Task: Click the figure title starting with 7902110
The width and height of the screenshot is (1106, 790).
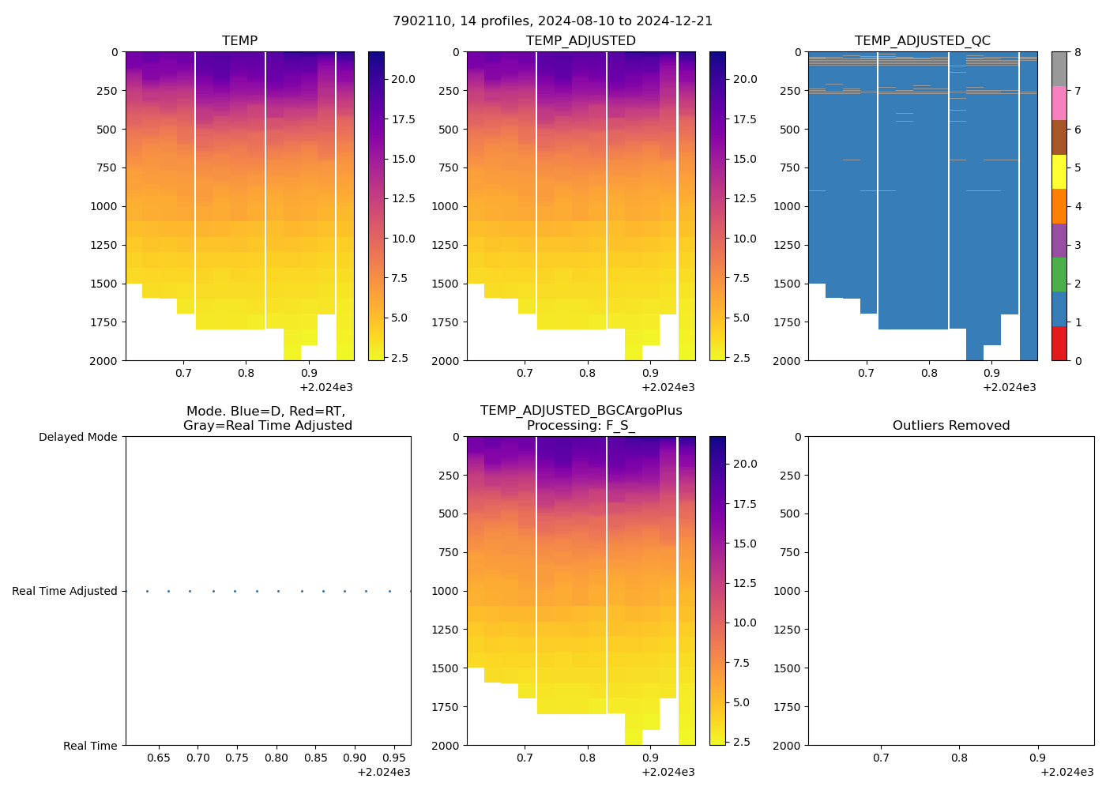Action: [552, 21]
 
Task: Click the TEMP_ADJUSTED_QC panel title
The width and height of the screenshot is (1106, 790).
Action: [922, 41]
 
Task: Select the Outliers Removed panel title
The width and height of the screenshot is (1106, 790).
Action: [950, 426]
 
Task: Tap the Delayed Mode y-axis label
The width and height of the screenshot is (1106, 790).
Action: [77, 437]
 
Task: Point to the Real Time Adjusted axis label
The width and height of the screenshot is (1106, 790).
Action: [64, 591]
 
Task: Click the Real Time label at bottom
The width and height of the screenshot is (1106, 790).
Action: [90, 746]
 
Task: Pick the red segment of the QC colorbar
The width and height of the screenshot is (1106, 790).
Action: [1059, 344]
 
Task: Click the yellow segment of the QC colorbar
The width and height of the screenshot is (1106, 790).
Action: [1059, 171]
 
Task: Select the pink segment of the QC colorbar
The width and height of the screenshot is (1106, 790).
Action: [1059, 103]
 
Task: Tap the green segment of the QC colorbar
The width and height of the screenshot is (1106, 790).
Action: [1059, 275]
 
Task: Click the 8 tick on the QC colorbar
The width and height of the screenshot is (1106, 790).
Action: [1078, 52]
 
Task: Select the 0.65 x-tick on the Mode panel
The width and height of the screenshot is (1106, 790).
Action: [159, 758]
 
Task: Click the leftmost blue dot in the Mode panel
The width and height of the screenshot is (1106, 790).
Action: [147, 591]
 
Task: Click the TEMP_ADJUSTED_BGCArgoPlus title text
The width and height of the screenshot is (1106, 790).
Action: [581, 411]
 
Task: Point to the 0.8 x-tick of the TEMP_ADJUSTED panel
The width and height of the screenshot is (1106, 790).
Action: [587, 373]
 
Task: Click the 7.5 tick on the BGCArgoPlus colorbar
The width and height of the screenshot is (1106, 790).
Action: [742, 663]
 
